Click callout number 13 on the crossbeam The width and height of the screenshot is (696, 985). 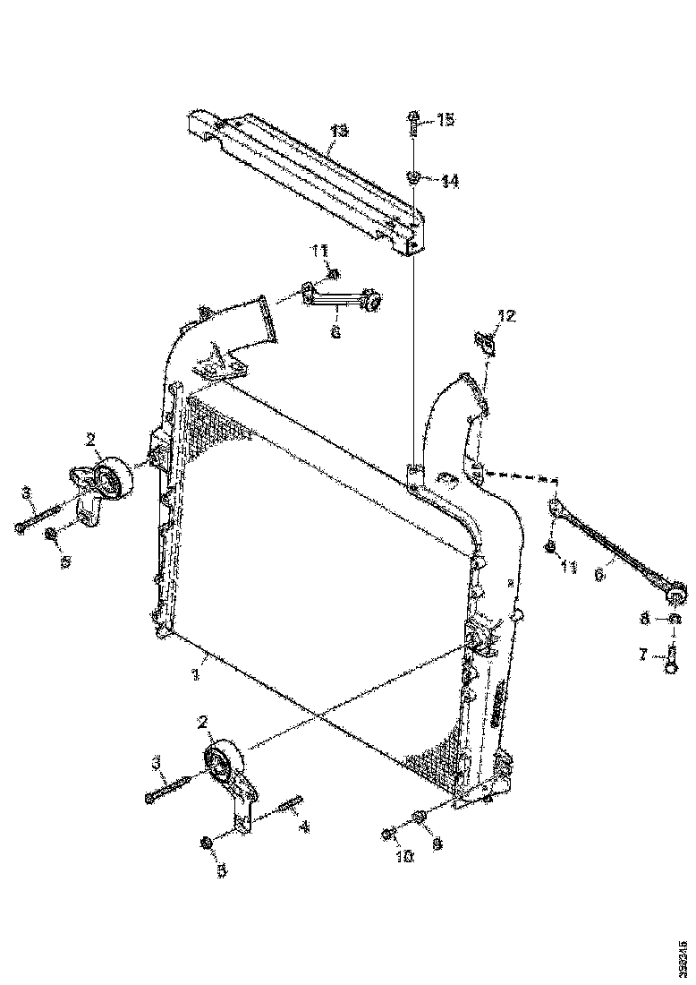click(x=337, y=132)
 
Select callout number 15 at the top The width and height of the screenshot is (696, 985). click(x=446, y=119)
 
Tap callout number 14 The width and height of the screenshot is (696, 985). click(x=449, y=181)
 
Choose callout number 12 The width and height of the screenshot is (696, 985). click(x=507, y=315)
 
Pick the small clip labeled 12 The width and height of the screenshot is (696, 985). click(x=485, y=343)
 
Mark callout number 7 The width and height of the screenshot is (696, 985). click(x=643, y=656)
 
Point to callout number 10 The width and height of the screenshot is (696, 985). click(x=403, y=856)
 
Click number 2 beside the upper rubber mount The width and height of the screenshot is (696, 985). click(x=91, y=439)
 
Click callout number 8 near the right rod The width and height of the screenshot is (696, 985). click(x=643, y=618)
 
